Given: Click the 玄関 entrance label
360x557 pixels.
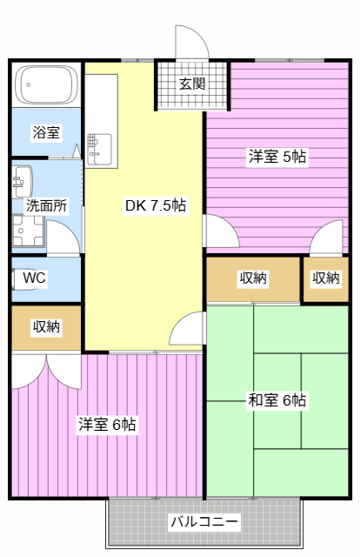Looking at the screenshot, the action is pyautogui.click(x=191, y=84).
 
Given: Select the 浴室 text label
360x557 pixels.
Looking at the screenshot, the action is pyautogui.click(x=46, y=132).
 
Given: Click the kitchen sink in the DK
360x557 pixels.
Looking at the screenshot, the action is pyautogui.click(x=100, y=150).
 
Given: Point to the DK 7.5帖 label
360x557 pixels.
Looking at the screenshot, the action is pyautogui.click(x=156, y=205).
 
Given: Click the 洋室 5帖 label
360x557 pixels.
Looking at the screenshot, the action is pyautogui.click(x=277, y=157).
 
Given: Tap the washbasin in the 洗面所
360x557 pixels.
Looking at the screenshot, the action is pyautogui.click(x=23, y=182).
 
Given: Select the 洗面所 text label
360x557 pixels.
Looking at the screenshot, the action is pyautogui.click(x=46, y=205).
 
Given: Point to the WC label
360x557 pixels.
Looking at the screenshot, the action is pyautogui.click(x=35, y=278).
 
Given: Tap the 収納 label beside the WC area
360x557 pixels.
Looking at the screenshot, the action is pyautogui.click(x=46, y=327).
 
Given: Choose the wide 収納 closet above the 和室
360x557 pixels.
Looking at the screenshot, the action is pyautogui.click(x=253, y=279).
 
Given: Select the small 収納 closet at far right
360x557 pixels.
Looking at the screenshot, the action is pyautogui.click(x=326, y=279).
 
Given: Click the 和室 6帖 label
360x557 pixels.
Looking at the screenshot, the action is pyautogui.click(x=277, y=400).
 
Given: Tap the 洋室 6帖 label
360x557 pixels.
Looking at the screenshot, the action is pyautogui.click(x=107, y=424).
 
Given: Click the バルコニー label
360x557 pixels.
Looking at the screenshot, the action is pyautogui.click(x=204, y=522).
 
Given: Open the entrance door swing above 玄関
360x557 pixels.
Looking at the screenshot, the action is pyautogui.click(x=191, y=42).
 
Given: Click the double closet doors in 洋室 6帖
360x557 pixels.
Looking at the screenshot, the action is pyautogui.click(x=46, y=372).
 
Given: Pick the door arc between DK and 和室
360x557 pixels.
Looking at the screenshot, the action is pyautogui.click(x=187, y=328).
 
